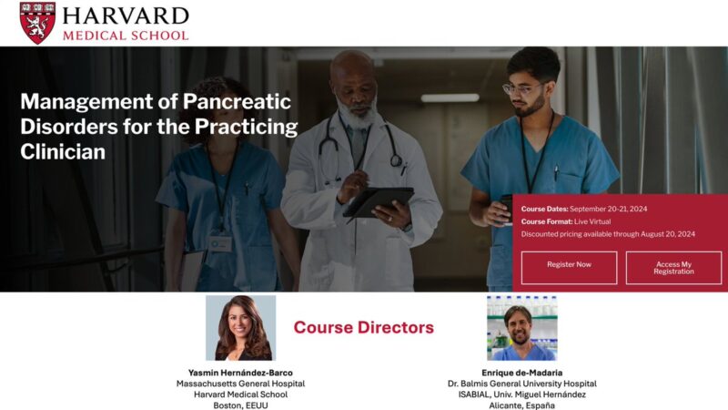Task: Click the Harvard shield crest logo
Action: coord(37,22)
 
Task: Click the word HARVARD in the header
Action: coord(126,15)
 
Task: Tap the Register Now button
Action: coord(569,264)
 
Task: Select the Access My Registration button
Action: coord(673,268)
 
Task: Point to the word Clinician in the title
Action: coord(63,152)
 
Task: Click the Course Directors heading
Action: coord(363,327)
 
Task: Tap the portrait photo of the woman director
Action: coord(240,327)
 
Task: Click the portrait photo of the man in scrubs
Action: coord(521,327)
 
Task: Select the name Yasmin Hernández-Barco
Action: coord(240,372)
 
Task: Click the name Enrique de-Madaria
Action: coord(522,372)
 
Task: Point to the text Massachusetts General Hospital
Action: coord(240,384)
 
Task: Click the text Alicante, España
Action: coord(522,405)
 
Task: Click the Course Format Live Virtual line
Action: coord(566,221)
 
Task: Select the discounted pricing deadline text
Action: coord(608,234)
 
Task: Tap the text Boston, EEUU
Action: coord(240,405)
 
